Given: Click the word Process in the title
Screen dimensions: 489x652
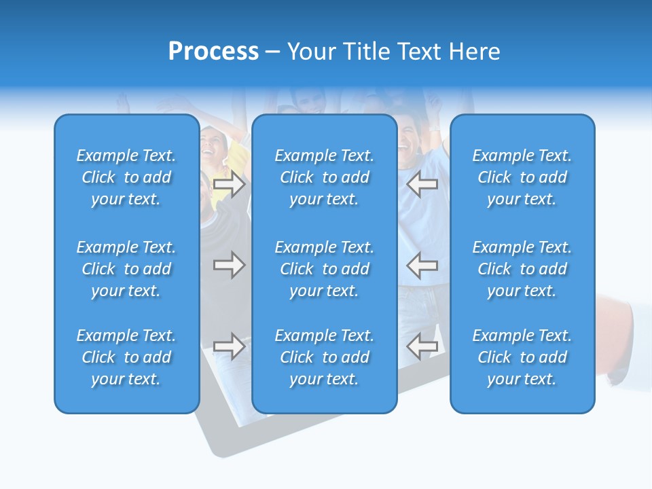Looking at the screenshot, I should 213,52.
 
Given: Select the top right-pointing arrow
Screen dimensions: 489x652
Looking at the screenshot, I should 230,184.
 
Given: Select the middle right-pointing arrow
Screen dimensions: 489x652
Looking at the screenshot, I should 230,265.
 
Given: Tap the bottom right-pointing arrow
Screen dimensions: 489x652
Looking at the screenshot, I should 230,346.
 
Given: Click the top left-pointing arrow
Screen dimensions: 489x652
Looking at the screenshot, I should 422,184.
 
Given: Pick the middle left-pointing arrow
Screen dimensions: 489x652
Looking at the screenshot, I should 422,265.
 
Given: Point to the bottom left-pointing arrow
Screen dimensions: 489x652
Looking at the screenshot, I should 422,346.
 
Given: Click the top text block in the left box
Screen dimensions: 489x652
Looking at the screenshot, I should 126,177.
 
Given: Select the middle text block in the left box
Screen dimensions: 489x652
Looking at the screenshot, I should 126,269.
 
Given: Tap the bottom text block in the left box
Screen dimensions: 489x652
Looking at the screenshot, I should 126,357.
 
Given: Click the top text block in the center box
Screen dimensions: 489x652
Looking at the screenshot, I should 324,177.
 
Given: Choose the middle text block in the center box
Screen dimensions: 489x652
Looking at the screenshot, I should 324,269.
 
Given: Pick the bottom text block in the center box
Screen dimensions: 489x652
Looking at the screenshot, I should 324,357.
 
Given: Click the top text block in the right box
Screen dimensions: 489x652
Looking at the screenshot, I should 522,177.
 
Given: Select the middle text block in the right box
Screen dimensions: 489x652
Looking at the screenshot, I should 522,269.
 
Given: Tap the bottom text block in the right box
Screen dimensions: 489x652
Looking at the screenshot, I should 522,357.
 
